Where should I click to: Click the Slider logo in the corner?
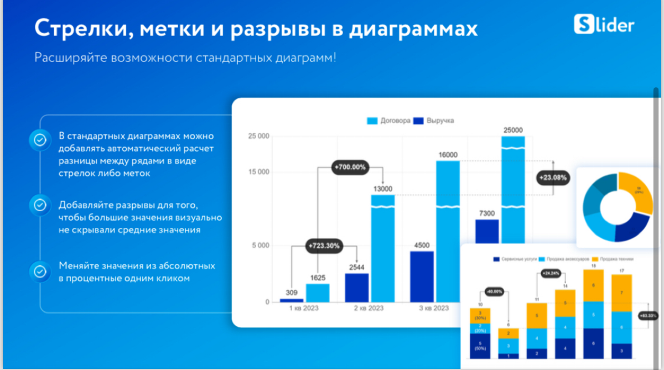pyautogui.click(x=604, y=25)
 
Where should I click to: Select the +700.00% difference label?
pyautogui.click(x=350, y=166)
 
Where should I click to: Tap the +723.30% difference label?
pyautogui.click(x=325, y=245)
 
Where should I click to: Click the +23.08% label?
pyautogui.click(x=552, y=178)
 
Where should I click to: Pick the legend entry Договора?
pyautogui.click(x=389, y=121)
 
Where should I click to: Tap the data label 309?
pyautogui.click(x=291, y=292)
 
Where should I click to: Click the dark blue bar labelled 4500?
pyautogui.click(x=422, y=277)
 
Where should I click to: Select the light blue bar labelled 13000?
pyautogui.click(x=382, y=249)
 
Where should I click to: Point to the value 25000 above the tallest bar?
pyautogui.click(x=512, y=130)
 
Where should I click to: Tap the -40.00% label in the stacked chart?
pyautogui.click(x=494, y=291)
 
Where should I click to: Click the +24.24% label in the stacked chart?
pyautogui.click(x=552, y=273)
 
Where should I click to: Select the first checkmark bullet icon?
pyautogui.click(x=40, y=140)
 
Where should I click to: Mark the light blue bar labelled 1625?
pyautogui.click(x=318, y=293)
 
